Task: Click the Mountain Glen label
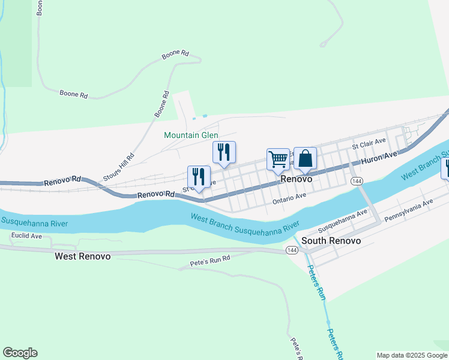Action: pos(191,136)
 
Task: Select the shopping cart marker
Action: pos(278,160)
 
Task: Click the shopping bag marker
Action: pos(305,159)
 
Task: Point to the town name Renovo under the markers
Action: pos(297,179)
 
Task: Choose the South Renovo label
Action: pos(331,241)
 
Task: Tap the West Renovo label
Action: pos(82,256)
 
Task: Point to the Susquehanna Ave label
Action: pos(342,221)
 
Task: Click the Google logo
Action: pos(20,353)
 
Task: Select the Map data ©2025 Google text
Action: pos(412,355)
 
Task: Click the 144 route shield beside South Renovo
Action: pos(292,251)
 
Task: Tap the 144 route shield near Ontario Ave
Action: pos(357,181)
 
